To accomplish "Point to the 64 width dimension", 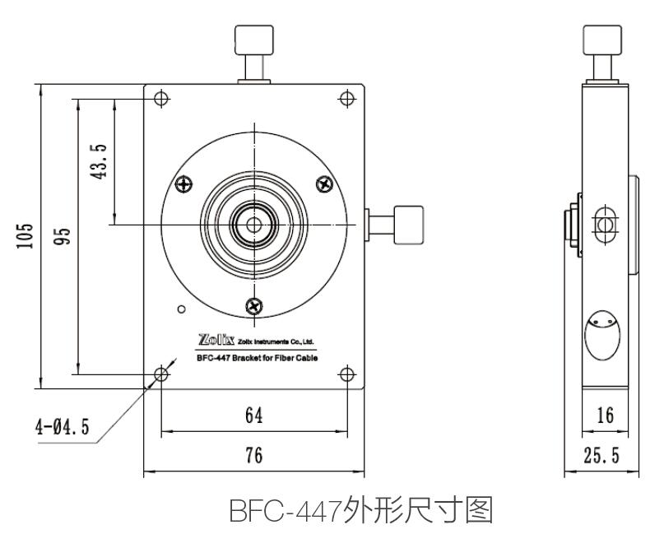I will click(254, 416).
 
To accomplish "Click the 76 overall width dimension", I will click(254, 455).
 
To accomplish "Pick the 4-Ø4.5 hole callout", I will click(63, 427).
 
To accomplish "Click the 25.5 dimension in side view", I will click(605, 455).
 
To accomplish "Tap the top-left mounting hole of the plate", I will click(161, 99).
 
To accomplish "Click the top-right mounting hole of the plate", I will click(347, 99).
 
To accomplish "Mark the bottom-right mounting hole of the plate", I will click(347, 375).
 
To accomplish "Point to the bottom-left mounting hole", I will click(161, 375).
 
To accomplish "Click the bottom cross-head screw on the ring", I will click(255, 306).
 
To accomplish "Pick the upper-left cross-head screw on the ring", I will click(183, 183).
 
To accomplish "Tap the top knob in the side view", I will click(603, 40).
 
